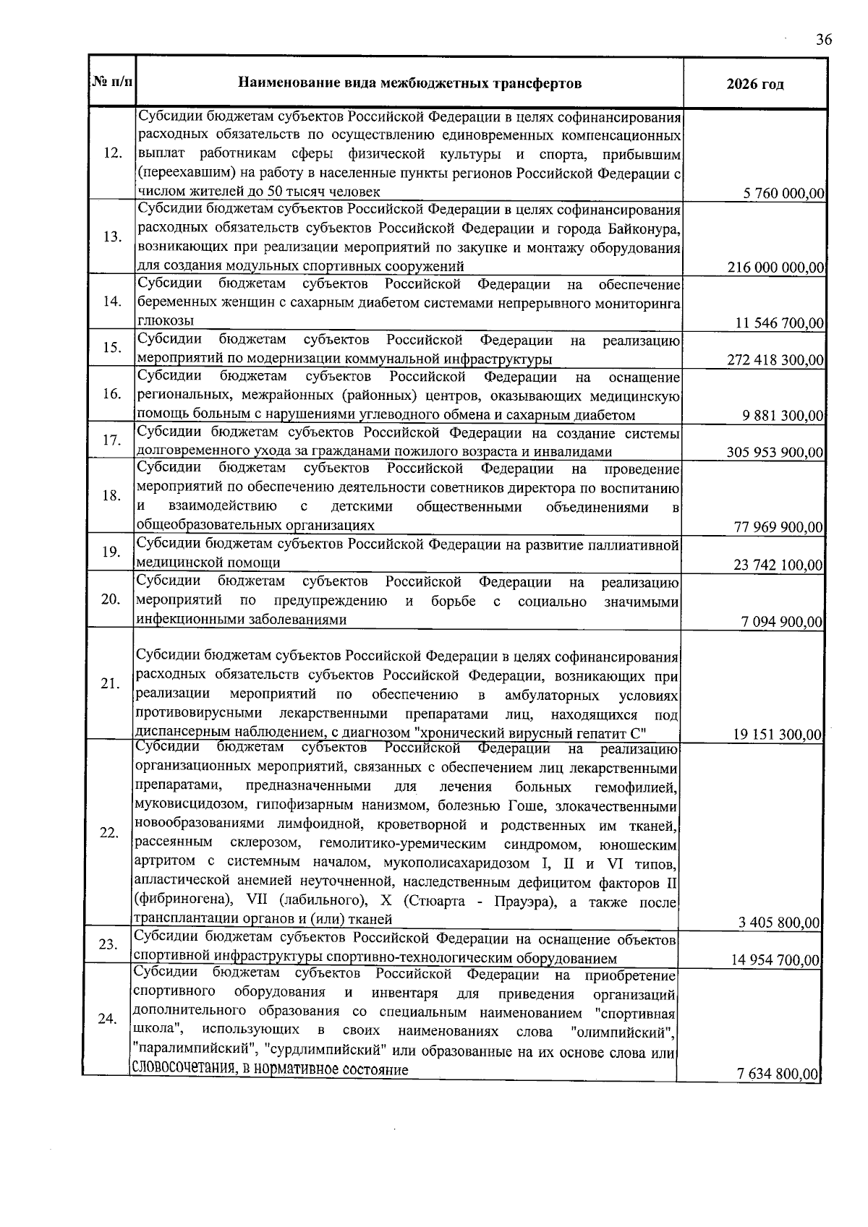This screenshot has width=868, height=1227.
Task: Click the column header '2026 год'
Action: (754, 84)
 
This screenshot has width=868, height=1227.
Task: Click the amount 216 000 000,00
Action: (776, 268)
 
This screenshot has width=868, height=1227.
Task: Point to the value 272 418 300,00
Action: (775, 360)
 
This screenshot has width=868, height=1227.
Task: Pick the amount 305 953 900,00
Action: (775, 453)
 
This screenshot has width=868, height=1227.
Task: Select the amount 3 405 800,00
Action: (779, 923)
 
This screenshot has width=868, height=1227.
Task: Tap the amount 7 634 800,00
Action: (778, 1074)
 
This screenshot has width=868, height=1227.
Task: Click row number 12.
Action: (113, 153)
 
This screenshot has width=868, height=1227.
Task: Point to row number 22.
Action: (109, 833)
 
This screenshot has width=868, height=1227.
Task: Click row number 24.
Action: (108, 1019)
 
